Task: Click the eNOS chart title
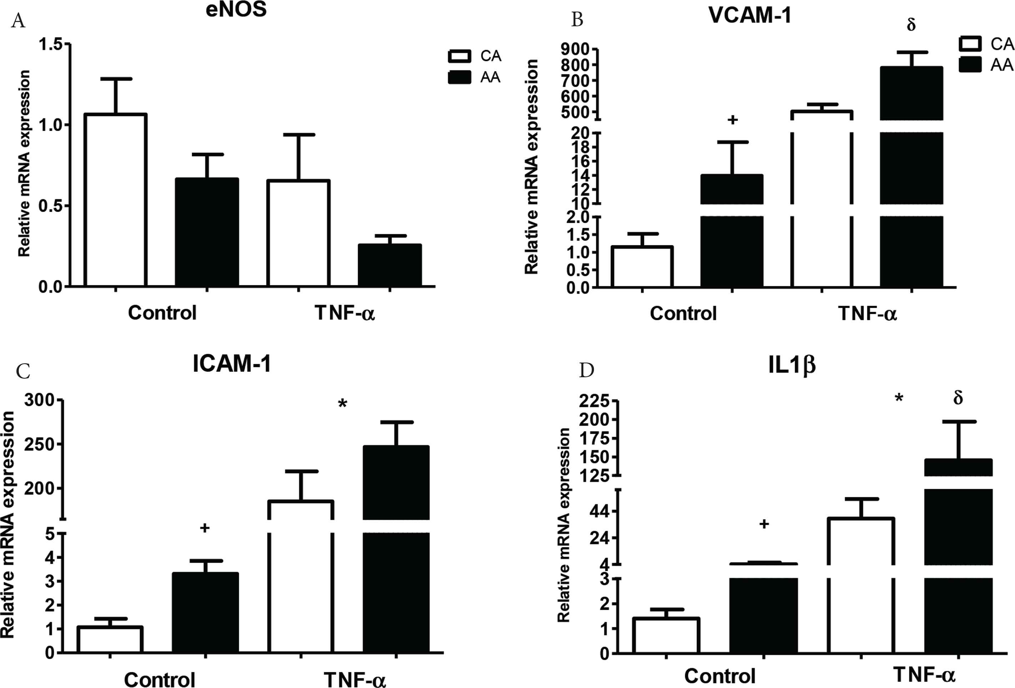[x=236, y=10]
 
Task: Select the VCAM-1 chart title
[x=749, y=16]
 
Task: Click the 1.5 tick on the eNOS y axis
[x=50, y=44]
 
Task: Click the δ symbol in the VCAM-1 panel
[x=911, y=25]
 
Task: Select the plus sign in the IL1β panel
[x=764, y=524]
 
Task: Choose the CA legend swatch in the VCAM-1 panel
[x=970, y=44]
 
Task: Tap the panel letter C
[x=23, y=371]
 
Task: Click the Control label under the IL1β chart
[x=719, y=676]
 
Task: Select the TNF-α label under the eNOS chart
[x=345, y=313]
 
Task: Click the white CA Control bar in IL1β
[x=666, y=636]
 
